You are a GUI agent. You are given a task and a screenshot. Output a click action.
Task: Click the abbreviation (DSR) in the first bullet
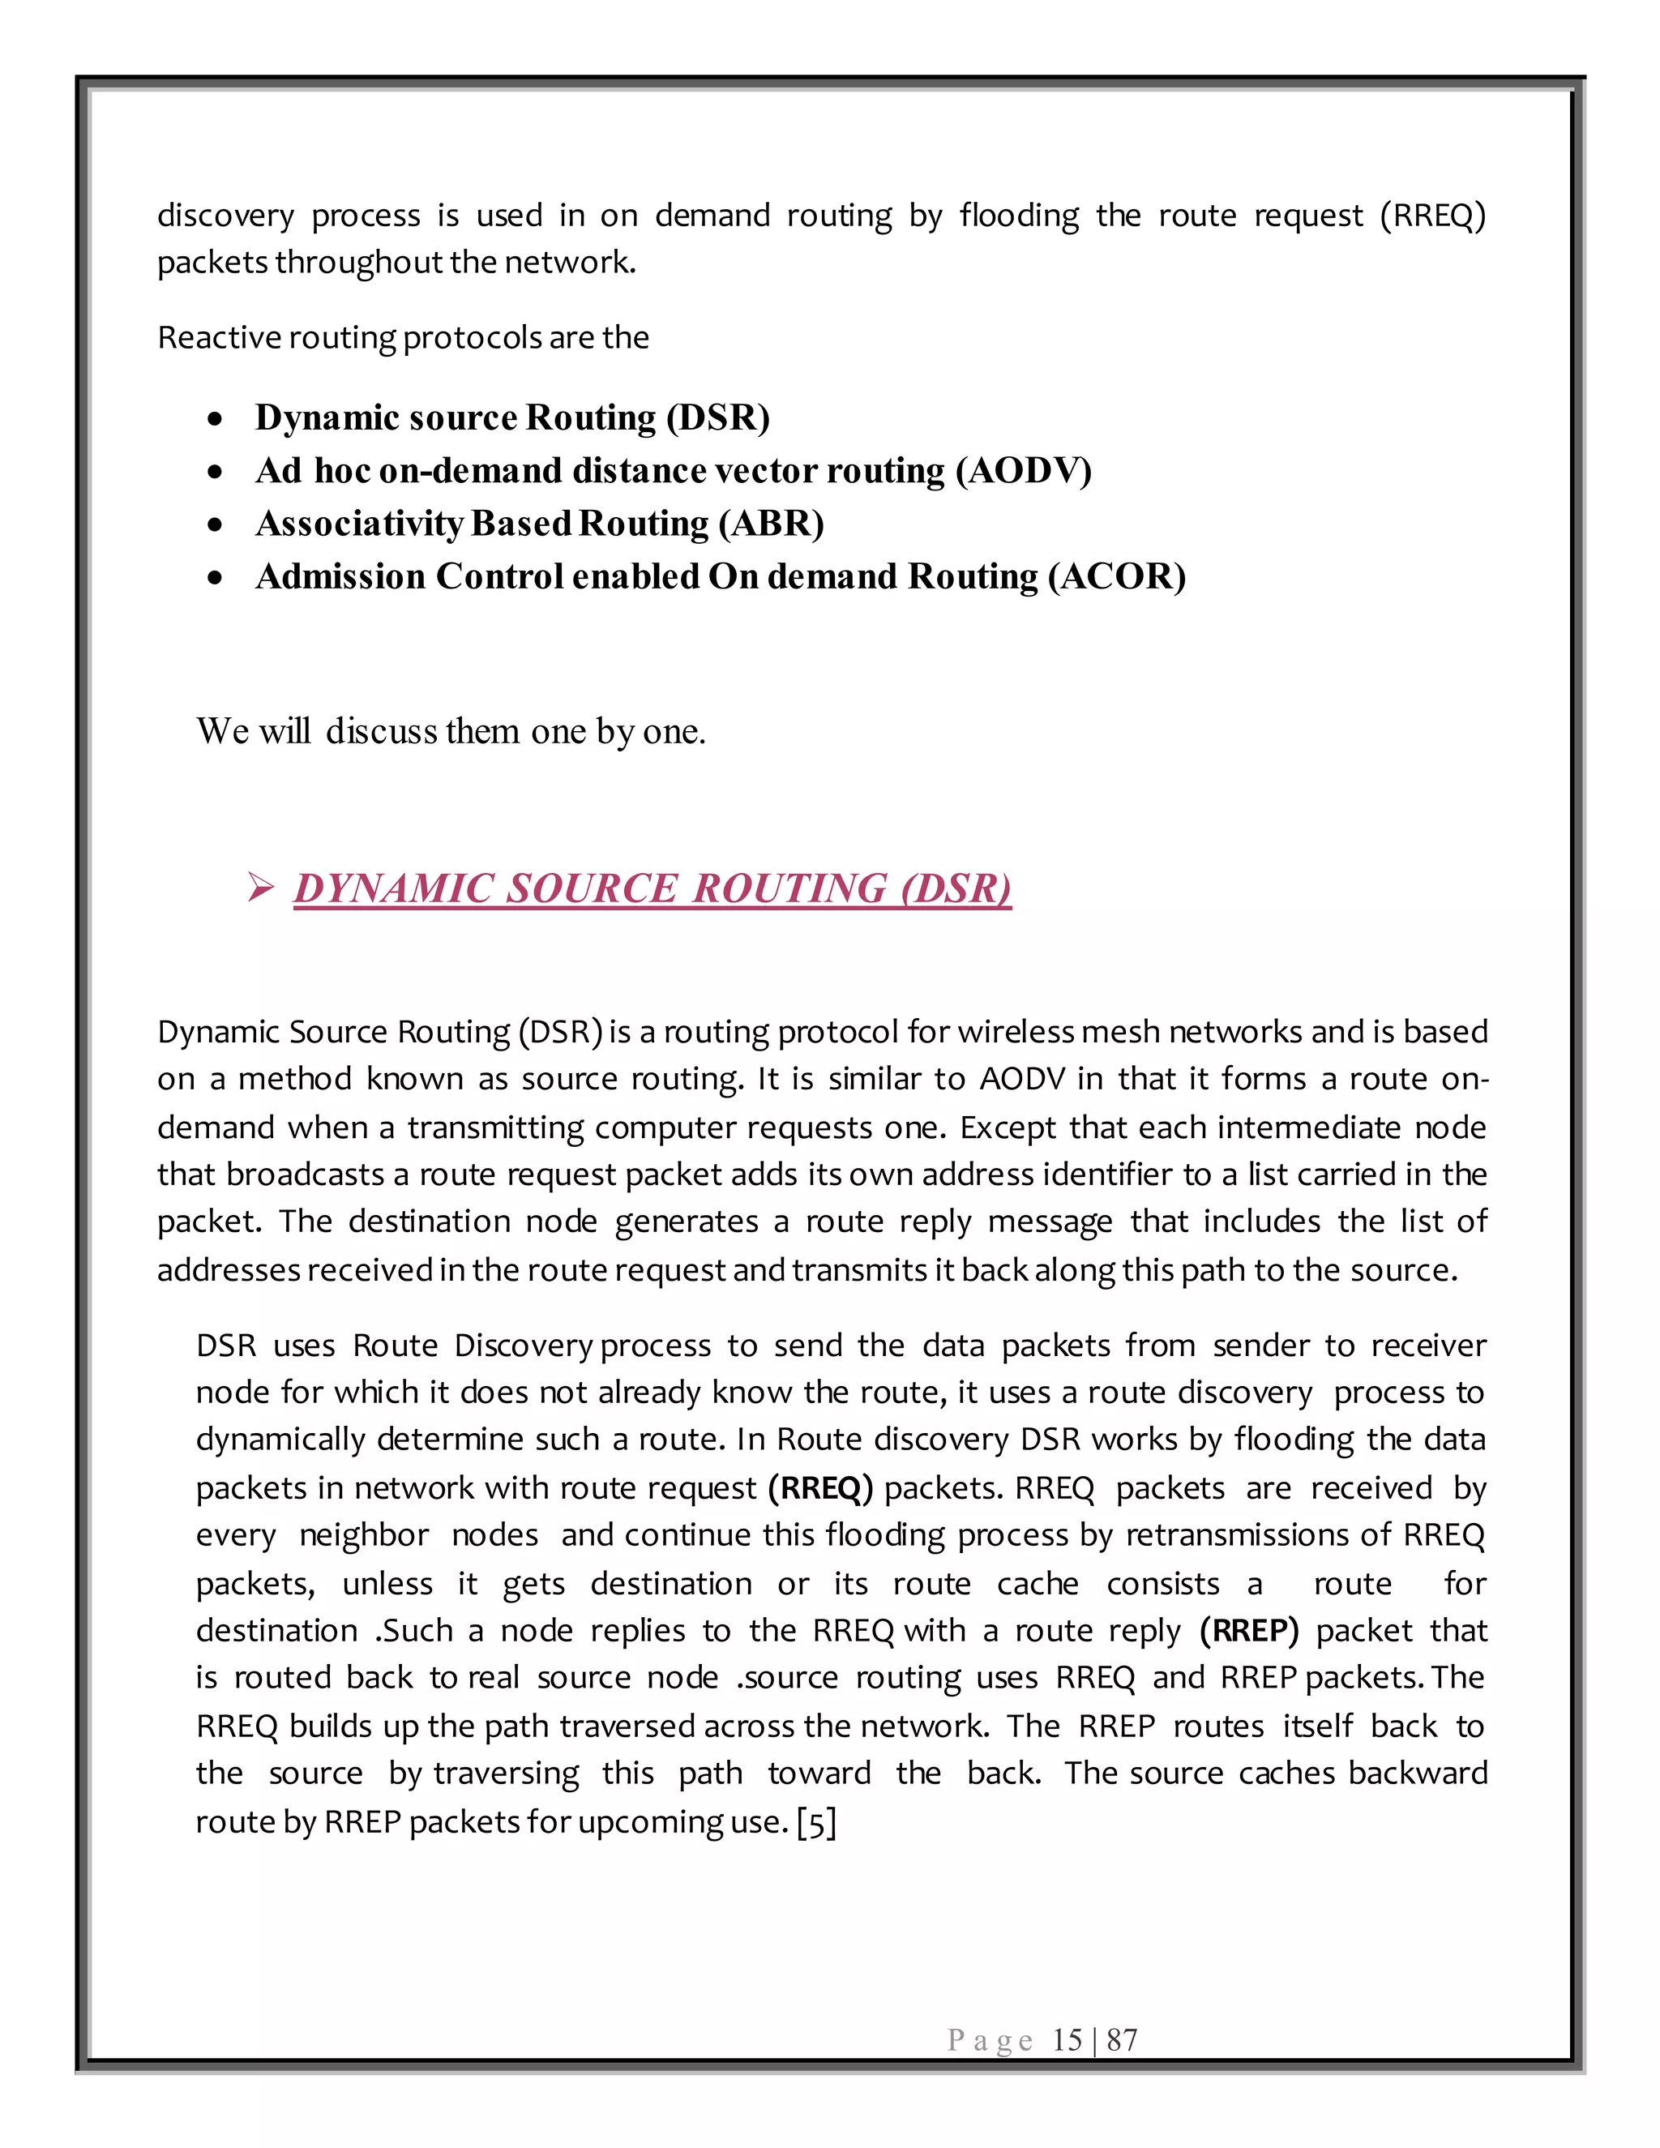(718, 418)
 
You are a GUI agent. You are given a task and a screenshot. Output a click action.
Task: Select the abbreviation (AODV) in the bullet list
(1024, 471)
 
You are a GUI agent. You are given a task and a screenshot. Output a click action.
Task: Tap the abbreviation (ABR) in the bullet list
(771, 524)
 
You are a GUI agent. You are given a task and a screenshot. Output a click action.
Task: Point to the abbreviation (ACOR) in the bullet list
(1116, 577)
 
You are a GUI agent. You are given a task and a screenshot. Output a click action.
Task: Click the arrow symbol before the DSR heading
(261, 889)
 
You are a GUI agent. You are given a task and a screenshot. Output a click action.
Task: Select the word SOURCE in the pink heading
(591, 889)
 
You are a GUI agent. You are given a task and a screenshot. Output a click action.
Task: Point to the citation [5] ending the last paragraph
(816, 1822)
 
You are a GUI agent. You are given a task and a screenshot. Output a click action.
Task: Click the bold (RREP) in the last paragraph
(1249, 1631)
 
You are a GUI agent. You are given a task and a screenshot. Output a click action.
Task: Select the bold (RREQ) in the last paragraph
(820, 1488)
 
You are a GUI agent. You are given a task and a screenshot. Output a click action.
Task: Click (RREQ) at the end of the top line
(1432, 216)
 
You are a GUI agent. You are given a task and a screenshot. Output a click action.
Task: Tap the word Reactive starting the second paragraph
(206, 338)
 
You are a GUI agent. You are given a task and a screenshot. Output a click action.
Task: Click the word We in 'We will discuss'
(222, 732)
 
